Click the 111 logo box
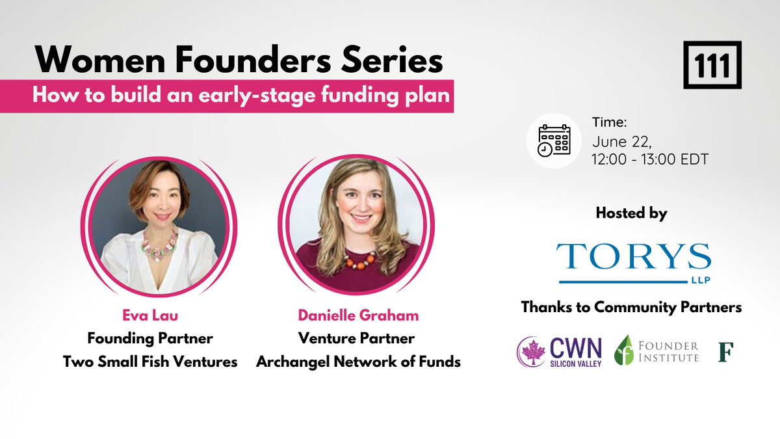(x=712, y=64)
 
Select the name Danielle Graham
(x=358, y=316)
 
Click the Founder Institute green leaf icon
(x=624, y=350)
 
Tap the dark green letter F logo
(x=725, y=351)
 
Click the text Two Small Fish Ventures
(x=150, y=362)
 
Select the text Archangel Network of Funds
(x=358, y=362)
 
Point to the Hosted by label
(x=631, y=213)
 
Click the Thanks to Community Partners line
(x=631, y=308)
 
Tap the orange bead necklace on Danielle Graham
(x=359, y=260)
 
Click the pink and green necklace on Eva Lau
(x=161, y=246)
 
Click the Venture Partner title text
(x=356, y=339)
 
